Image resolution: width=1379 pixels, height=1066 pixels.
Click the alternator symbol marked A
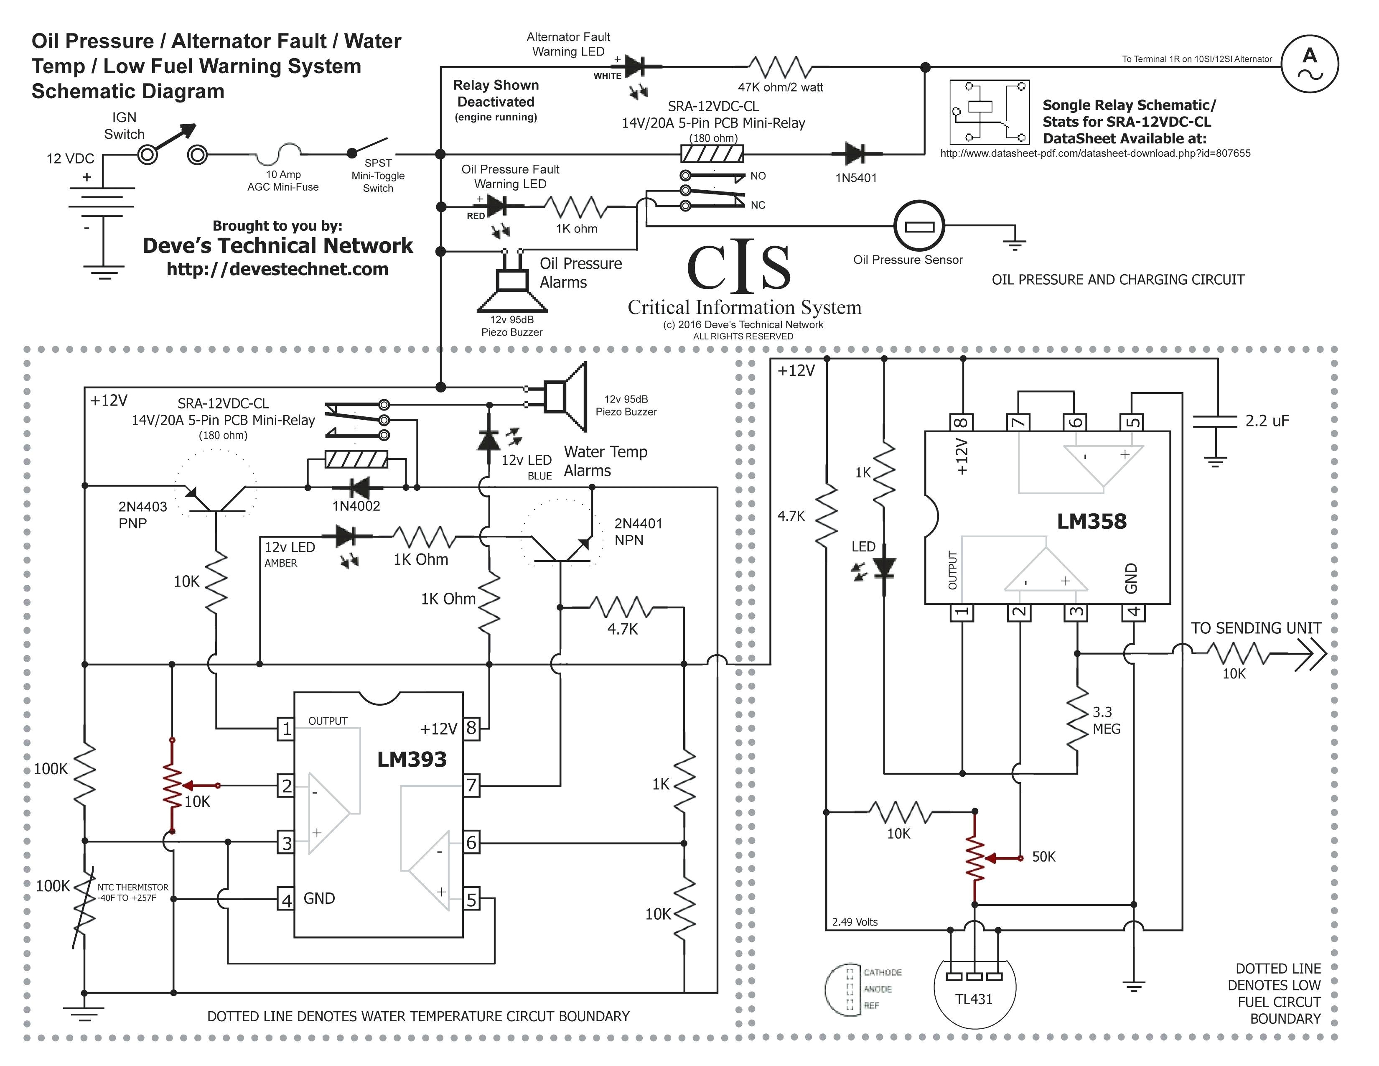coord(1310,64)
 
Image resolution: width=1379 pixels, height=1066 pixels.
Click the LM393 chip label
coord(412,759)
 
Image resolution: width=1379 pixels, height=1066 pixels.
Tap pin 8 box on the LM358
coord(962,421)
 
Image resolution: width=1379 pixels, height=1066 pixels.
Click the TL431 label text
coord(974,999)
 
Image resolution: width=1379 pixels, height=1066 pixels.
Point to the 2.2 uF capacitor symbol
coord(1214,422)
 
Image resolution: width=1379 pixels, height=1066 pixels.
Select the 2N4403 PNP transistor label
coord(142,515)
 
